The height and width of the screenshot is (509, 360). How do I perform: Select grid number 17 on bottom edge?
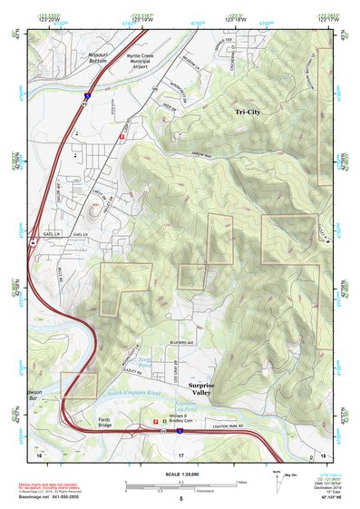click(x=180, y=453)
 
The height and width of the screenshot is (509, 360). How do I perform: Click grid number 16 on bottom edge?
click(x=40, y=453)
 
